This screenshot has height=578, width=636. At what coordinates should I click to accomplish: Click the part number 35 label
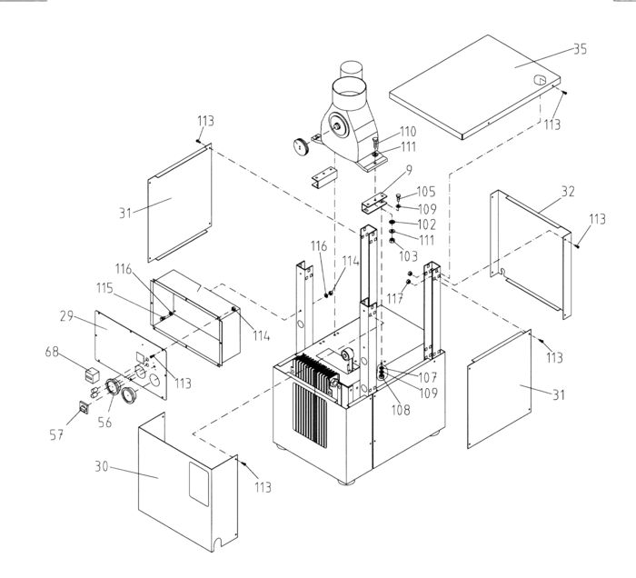pyautogui.click(x=580, y=49)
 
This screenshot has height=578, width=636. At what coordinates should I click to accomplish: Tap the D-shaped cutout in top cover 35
pyautogui.click(x=539, y=79)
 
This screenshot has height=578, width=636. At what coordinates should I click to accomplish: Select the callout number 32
pyautogui.click(x=568, y=191)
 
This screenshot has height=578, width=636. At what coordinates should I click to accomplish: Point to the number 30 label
pyautogui.click(x=102, y=466)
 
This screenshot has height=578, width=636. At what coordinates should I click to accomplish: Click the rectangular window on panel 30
pyautogui.click(x=199, y=483)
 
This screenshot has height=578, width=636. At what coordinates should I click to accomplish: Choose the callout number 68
pyautogui.click(x=52, y=352)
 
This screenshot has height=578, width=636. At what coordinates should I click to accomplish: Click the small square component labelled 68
pyautogui.click(x=92, y=374)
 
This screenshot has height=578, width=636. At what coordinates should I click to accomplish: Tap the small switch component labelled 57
pyautogui.click(x=84, y=407)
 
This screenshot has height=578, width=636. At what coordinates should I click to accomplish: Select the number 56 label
pyautogui.click(x=104, y=423)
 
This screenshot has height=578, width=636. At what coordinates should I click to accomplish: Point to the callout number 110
pyautogui.click(x=408, y=132)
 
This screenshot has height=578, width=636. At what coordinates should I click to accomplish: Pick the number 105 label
pyautogui.click(x=425, y=192)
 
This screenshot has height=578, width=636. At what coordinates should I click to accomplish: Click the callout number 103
pyautogui.click(x=408, y=256)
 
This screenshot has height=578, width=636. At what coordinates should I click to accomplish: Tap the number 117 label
pyautogui.click(x=395, y=298)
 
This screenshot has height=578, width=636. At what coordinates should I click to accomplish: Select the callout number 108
pyautogui.click(x=401, y=410)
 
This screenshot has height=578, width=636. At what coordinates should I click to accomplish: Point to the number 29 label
pyautogui.click(x=66, y=316)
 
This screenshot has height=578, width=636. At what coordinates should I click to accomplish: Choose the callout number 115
pyautogui.click(x=104, y=288)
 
